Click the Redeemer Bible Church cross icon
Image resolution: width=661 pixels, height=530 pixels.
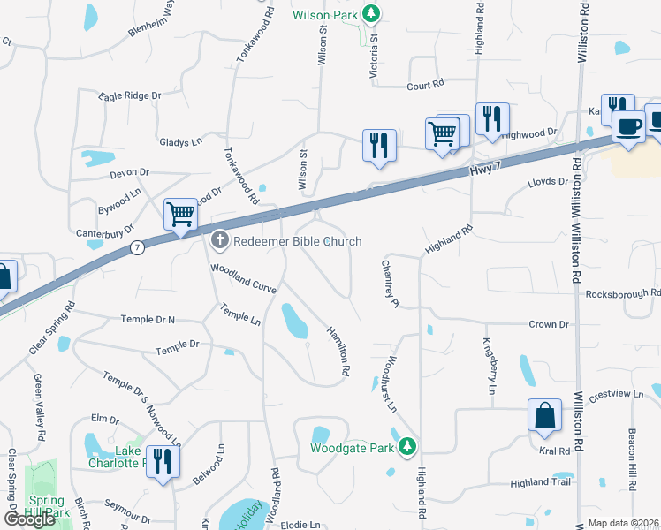click(220, 240)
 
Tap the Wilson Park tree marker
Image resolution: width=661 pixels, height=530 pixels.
click(373, 13)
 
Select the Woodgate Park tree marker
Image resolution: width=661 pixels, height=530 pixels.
click(407, 446)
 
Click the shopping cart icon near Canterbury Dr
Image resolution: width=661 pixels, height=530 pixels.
click(180, 214)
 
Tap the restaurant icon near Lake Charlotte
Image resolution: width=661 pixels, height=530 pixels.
click(163, 460)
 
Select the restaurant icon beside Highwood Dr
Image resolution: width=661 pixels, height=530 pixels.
click(490, 117)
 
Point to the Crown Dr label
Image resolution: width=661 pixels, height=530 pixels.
click(548, 325)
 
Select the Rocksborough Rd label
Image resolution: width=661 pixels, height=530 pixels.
click(623, 293)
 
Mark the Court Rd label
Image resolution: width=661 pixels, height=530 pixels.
click(424, 86)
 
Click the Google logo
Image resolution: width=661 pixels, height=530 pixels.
click(30, 519)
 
